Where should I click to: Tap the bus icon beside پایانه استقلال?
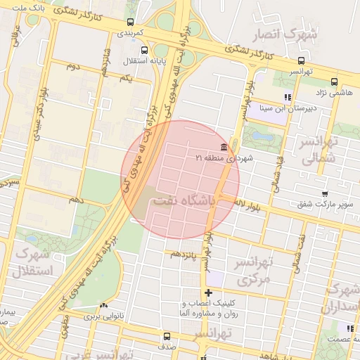(x=144, y=50)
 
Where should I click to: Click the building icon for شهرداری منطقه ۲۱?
(x=224, y=146)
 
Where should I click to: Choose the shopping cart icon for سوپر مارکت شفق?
(x=323, y=193)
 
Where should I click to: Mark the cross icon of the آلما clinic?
(x=208, y=292)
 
